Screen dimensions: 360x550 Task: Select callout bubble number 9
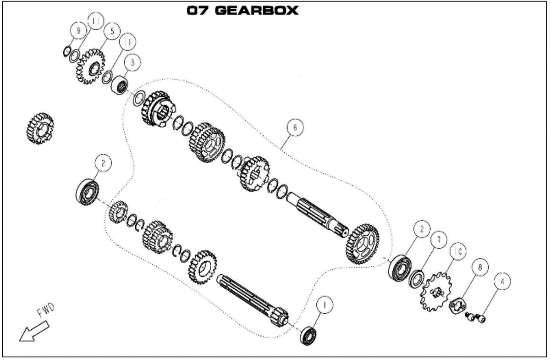(x=79, y=31)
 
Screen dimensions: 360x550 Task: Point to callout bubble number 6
(x=295, y=127)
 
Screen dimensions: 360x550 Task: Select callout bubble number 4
(x=502, y=281)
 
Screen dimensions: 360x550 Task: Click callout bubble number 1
(x=324, y=305)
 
